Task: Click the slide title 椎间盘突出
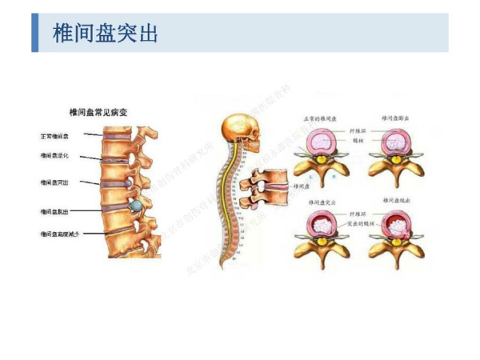[105, 34]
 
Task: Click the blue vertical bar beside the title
[35, 34]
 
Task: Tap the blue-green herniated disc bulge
[137, 206]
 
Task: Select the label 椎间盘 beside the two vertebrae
[305, 186]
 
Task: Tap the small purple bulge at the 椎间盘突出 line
[128, 183]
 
